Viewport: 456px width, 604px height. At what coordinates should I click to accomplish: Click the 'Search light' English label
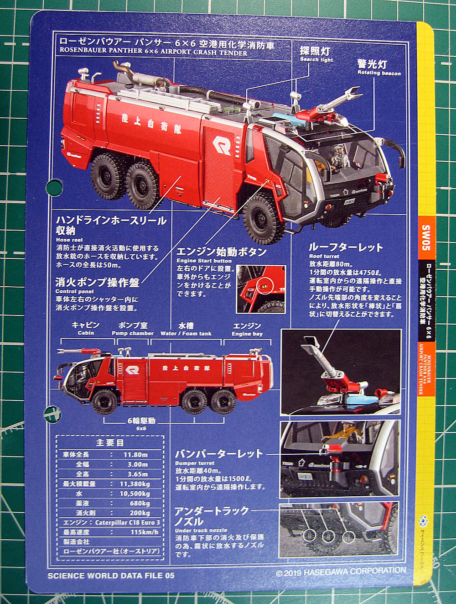316,60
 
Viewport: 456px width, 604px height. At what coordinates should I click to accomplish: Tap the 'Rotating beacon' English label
379,73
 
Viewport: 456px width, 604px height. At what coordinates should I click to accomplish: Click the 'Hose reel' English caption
69,240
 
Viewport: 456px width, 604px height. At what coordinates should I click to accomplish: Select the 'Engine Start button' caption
204,261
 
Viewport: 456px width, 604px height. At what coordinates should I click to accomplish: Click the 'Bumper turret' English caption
195,463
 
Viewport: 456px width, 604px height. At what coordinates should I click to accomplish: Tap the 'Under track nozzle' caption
201,530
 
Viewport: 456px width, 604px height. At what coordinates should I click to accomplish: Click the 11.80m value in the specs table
135,455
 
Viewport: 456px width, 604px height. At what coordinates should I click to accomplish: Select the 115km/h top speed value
145,532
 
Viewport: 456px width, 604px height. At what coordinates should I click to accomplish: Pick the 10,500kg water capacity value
135,494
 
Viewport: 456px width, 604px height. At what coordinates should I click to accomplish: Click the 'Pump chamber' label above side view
133,333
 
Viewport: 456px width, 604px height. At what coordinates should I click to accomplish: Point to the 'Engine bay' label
247,334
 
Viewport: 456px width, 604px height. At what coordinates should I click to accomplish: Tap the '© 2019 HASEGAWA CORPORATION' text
341,571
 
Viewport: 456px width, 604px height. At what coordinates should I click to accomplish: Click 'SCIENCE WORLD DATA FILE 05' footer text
111,575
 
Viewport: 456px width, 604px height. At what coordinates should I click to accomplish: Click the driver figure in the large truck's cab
339,157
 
